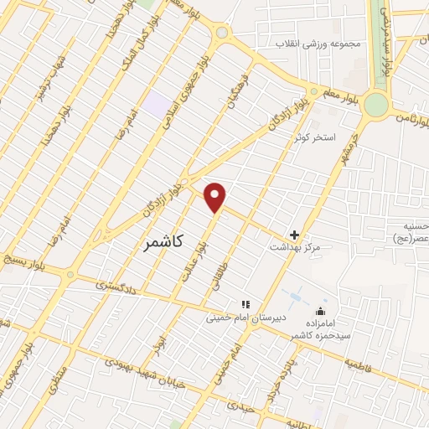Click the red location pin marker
(216, 196)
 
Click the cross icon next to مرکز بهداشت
(294, 235)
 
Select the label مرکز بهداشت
(294, 248)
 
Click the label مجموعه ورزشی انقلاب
(313, 42)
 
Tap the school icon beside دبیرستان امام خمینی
(246, 304)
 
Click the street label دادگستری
(114, 287)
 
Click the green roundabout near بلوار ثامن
(376, 104)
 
